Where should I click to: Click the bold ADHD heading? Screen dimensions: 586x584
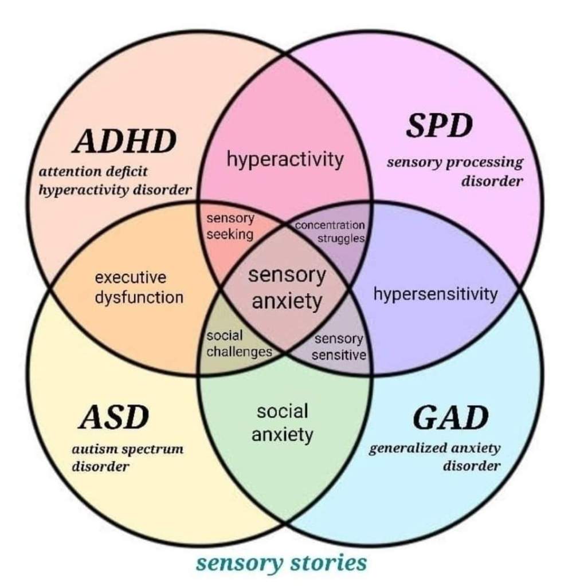pos(124,141)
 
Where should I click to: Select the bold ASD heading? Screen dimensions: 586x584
pos(113,418)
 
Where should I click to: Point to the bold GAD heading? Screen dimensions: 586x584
pos(450,418)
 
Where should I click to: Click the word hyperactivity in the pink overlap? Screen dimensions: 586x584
pos(285,159)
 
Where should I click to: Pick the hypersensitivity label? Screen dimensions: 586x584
pos(436,294)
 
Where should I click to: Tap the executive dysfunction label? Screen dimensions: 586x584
pos(139,288)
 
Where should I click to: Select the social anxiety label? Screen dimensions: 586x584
pos(283,423)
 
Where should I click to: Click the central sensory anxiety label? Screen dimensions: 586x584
pos(287,288)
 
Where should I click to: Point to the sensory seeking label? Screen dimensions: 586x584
pos(230,226)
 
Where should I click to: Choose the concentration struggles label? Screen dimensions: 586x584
pos(330,231)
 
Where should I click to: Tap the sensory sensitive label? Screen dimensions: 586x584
pos(339,347)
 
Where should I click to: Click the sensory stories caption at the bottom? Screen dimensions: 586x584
pos(281,562)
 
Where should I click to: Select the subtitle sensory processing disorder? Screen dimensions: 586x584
pos(456,171)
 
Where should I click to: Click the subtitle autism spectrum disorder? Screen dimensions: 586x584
pos(127,457)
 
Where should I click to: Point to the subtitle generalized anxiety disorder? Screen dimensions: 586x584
pos(436,457)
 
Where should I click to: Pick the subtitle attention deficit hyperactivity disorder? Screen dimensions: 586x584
pos(114,180)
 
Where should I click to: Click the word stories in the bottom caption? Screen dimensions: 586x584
pos(328,562)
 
